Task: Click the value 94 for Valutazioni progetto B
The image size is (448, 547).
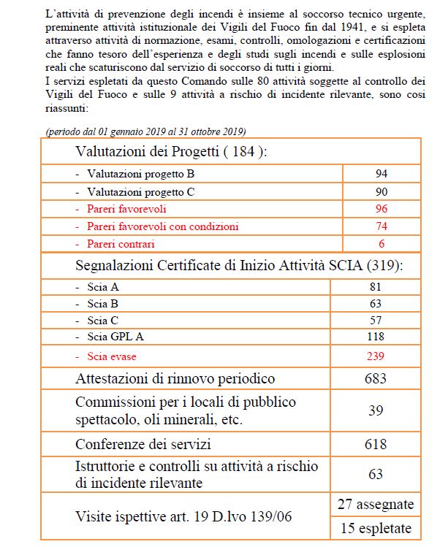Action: pyautogui.click(x=381, y=174)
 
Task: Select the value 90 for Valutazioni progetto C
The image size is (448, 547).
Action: pyautogui.click(x=381, y=192)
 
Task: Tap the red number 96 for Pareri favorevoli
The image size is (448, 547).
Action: pyautogui.click(x=381, y=209)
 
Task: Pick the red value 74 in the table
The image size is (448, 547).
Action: pyautogui.click(x=381, y=226)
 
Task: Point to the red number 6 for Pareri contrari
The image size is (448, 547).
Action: pyautogui.click(x=381, y=244)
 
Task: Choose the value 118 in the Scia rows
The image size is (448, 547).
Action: pyautogui.click(x=376, y=337)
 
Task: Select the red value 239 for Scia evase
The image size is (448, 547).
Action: pyautogui.click(x=376, y=356)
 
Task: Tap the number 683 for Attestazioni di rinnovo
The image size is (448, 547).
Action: pyautogui.click(x=376, y=378)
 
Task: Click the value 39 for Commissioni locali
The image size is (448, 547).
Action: pyautogui.click(x=376, y=410)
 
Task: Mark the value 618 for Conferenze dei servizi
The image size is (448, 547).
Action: pyautogui.click(x=376, y=443)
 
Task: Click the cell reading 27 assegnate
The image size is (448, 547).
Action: pyautogui.click(x=376, y=505)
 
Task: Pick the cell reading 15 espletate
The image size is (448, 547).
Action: pyautogui.click(x=376, y=528)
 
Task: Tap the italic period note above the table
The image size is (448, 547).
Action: pyautogui.click(x=145, y=131)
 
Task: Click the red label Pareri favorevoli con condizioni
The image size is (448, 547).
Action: pyautogui.click(x=162, y=226)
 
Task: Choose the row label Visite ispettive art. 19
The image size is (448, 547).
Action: pyautogui.click(x=183, y=516)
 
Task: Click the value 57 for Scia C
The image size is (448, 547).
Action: pyautogui.click(x=376, y=320)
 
